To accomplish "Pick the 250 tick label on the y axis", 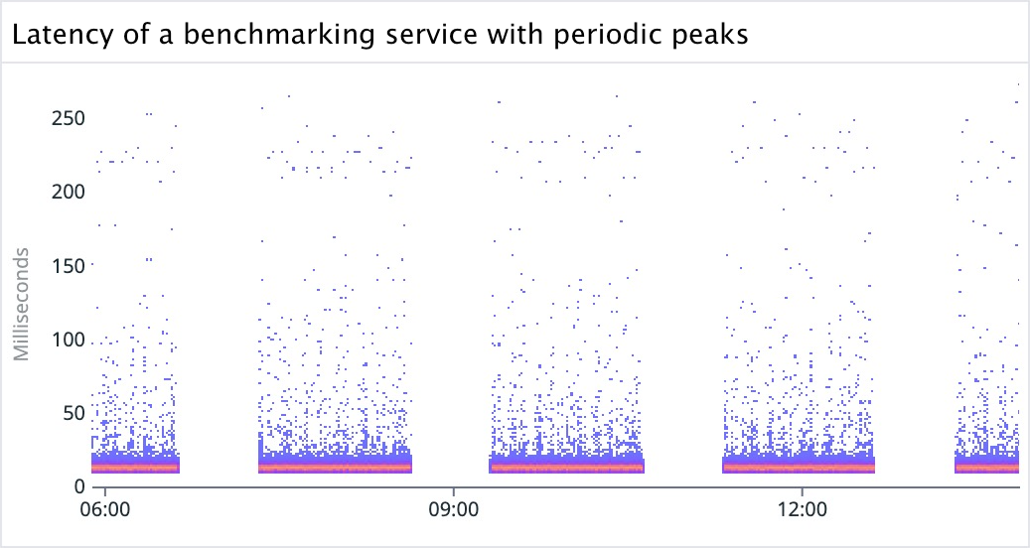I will (x=67, y=118).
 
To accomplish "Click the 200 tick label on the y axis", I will (x=67, y=192).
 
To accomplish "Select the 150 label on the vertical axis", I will (x=67, y=265).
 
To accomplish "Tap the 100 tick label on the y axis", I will (x=67, y=340).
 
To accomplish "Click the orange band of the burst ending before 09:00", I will (x=335, y=466).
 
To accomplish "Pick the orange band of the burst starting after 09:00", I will (x=567, y=466).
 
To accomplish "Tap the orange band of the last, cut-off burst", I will (x=987, y=466).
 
